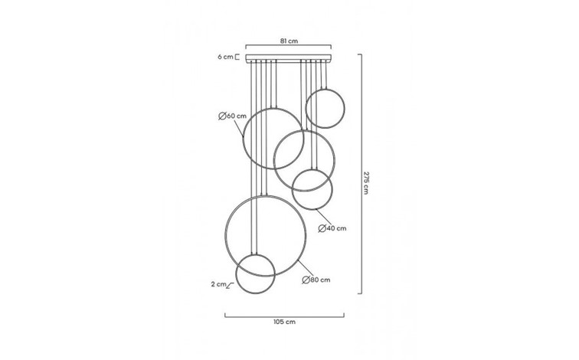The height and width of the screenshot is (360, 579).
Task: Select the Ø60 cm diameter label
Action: pos(232,116)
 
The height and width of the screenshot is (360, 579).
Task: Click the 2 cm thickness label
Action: pos(219,284)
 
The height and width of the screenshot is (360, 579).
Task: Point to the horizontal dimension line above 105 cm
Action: pos(284,313)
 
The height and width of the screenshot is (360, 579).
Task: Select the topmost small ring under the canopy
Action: pos(323,108)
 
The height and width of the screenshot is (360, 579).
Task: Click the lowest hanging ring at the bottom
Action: pos(255,274)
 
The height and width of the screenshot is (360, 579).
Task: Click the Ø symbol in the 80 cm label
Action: pos(305,280)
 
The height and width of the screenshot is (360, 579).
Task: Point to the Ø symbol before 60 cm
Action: pos(221,116)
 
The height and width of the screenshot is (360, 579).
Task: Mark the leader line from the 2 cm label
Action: pos(231,284)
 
